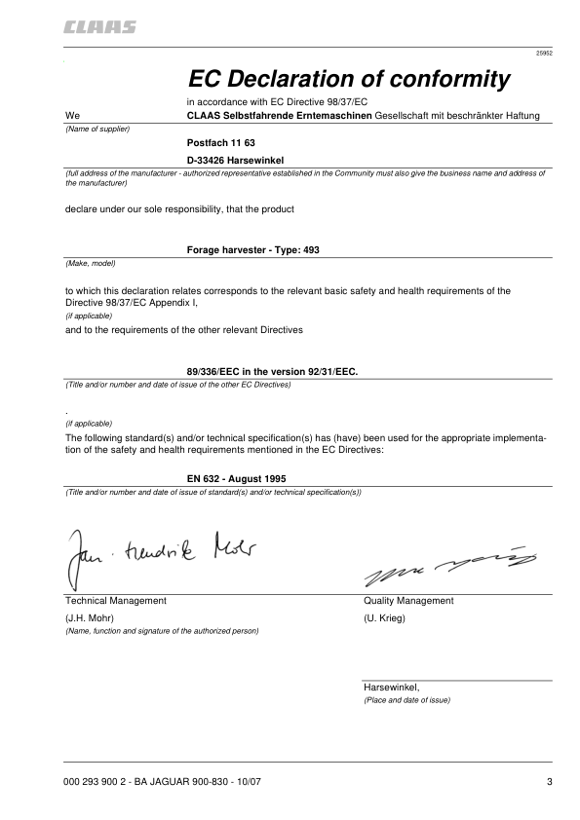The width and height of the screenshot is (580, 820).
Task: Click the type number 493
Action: (x=310, y=249)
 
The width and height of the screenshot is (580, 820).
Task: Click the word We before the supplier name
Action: (x=72, y=116)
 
